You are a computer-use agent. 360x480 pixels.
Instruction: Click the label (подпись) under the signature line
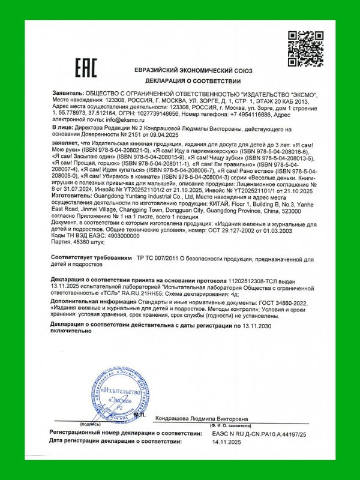pos(90,424)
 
